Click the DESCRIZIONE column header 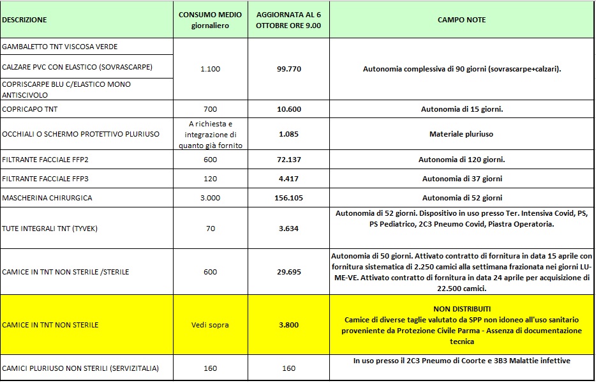point(24,20)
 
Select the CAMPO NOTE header point(461,20)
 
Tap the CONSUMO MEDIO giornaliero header point(210,20)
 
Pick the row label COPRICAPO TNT point(30,109)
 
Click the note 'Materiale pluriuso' point(461,134)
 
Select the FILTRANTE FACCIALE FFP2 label point(44,159)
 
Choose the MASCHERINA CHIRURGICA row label point(47,197)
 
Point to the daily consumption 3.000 point(210,197)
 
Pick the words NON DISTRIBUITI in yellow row point(461,308)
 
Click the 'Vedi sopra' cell point(210,325)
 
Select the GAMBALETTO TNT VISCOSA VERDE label point(60,47)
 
